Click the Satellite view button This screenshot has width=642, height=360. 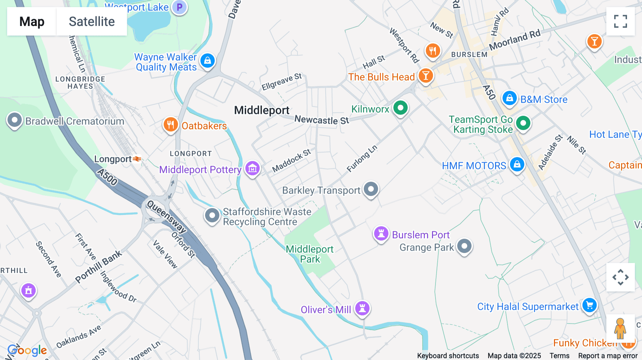pyautogui.click(x=92, y=22)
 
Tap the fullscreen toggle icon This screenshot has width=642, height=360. pyautogui.click(x=620, y=21)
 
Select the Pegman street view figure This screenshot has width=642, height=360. pyautogui.click(x=620, y=328)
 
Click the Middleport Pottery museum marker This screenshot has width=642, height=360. pyautogui.click(x=253, y=168)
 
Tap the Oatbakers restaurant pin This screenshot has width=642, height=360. pyautogui.click(x=170, y=125)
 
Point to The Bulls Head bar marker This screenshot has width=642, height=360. pyautogui.click(x=426, y=76)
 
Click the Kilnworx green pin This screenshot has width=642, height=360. pyautogui.click(x=400, y=108)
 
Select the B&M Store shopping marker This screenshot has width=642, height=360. pyautogui.click(x=510, y=98)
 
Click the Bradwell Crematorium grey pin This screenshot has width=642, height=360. pyautogui.click(x=15, y=120)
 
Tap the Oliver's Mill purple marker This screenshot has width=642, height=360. pyautogui.click(x=362, y=308)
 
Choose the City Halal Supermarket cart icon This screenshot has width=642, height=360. pyautogui.click(x=590, y=305)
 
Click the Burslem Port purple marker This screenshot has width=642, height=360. pyautogui.click(x=381, y=234)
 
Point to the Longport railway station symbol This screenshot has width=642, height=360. pyautogui.click(x=137, y=159)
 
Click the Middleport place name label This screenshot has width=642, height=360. pyautogui.click(x=261, y=110)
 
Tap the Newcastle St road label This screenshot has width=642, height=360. pyautogui.click(x=322, y=120)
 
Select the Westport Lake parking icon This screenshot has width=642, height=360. pyautogui.click(x=179, y=7)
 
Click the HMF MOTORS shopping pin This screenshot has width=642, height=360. pyautogui.click(x=517, y=164)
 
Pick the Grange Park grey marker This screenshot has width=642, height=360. pyautogui.click(x=464, y=246)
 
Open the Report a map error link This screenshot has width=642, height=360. pyautogui.click(x=608, y=356)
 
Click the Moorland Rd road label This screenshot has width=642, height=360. pyautogui.click(x=515, y=40)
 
